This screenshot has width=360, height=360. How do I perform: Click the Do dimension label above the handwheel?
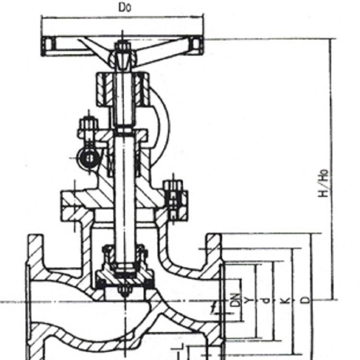pos(125,7)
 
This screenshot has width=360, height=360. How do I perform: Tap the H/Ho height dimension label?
pos(323,183)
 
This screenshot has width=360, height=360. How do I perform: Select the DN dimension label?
pos(235,300)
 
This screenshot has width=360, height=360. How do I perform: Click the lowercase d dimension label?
pos(265,300)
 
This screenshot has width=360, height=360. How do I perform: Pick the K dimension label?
pos(285,300)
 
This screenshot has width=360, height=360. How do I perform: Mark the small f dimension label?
pos(214,307)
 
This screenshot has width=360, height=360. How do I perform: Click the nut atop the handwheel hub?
pos(123,47)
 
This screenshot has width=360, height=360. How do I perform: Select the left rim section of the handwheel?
pos(48,46)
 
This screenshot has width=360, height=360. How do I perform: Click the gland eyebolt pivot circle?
pos(90,158)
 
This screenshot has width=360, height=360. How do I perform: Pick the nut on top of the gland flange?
pos(88,124)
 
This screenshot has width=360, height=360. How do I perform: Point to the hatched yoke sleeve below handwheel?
pos(123,89)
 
